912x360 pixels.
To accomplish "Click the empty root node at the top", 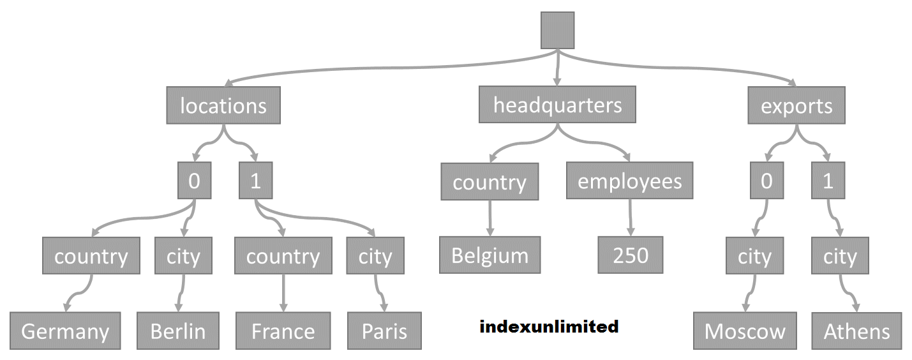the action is pos(557,30).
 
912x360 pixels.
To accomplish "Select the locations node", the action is pos(223,105).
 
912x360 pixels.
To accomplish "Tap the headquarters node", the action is pos(557,105).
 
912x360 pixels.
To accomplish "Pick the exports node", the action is pos(796,105).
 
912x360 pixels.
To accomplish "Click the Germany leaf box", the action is pos(65,331).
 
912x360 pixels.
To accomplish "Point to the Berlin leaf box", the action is pos(178,331).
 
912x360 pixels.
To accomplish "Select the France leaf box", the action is pos(283,331).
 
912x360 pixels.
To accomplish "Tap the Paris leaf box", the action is pos(384,331).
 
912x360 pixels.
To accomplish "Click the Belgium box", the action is pos(490,255).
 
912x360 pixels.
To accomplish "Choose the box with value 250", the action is pos(631,255).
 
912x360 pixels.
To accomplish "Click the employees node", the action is pos(629,181).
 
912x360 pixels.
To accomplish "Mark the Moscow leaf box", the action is pos(745,331).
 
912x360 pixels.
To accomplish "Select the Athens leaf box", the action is pos(856,331).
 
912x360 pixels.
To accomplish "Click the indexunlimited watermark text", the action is pos(549,327).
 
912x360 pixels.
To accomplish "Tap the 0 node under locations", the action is pos(194,181).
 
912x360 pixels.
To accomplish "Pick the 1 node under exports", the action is pos(828,181).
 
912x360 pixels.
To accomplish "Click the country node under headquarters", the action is pos(490,182).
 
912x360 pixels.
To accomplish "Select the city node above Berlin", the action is pos(183,256).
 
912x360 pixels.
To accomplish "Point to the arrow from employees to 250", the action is pos(631,218).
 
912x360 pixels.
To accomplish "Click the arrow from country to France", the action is pos(283,293).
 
